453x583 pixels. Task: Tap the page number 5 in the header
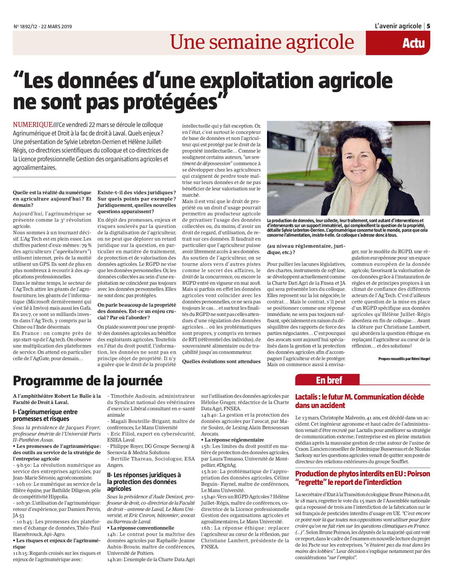tap(428, 26)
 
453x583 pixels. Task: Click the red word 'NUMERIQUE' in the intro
tap(33, 125)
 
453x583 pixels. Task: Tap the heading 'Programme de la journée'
tap(87, 380)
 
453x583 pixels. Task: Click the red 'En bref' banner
tap(327, 380)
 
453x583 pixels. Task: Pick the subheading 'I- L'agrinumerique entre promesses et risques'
tap(45, 415)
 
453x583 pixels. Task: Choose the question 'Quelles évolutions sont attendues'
tap(221, 361)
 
